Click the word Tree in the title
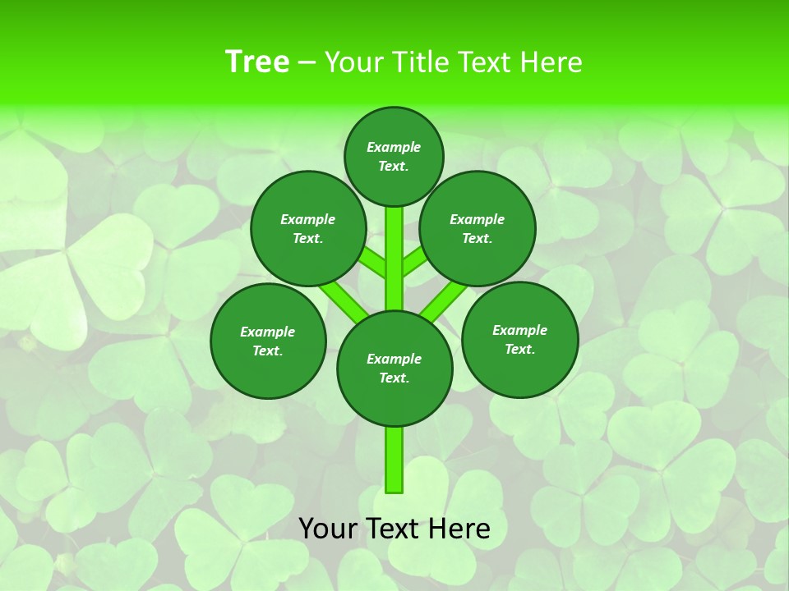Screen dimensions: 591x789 (x=256, y=62)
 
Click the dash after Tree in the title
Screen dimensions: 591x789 (x=307, y=63)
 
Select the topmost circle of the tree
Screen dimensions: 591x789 (x=394, y=156)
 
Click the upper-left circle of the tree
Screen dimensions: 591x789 (x=308, y=228)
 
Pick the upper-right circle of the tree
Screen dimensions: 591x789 (x=478, y=228)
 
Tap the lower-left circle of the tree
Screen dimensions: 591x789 (x=268, y=341)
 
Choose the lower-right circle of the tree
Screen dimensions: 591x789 (x=519, y=339)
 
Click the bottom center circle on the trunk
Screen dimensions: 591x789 (x=394, y=368)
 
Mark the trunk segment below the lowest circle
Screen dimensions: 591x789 (x=394, y=460)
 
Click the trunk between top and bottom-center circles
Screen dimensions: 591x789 (x=394, y=259)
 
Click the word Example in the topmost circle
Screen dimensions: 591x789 (x=394, y=147)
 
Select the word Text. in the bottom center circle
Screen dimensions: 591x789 (x=394, y=378)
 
